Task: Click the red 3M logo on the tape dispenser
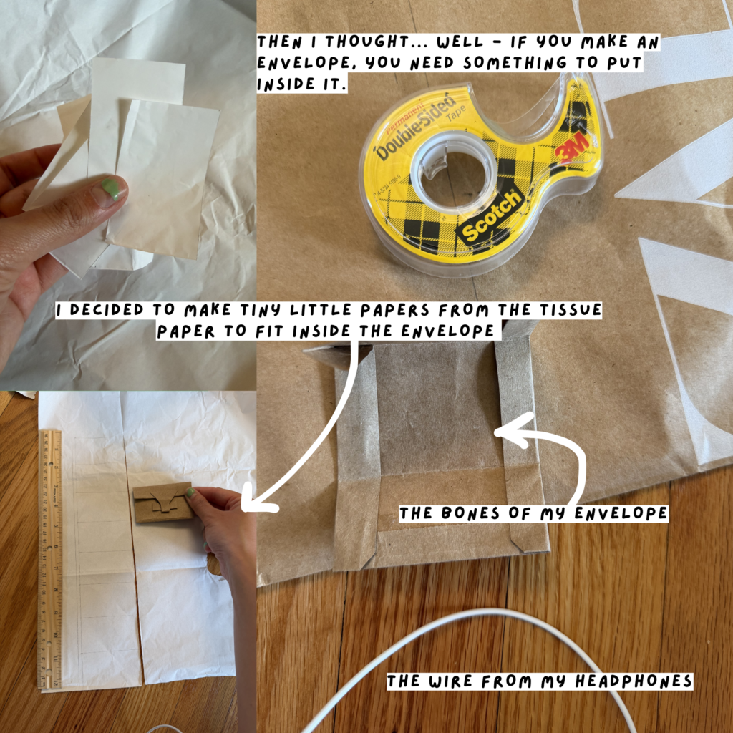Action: tap(571, 148)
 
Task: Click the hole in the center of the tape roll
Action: tap(455, 171)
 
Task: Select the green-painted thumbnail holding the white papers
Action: tap(110, 190)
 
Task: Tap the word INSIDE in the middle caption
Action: tap(321, 331)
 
